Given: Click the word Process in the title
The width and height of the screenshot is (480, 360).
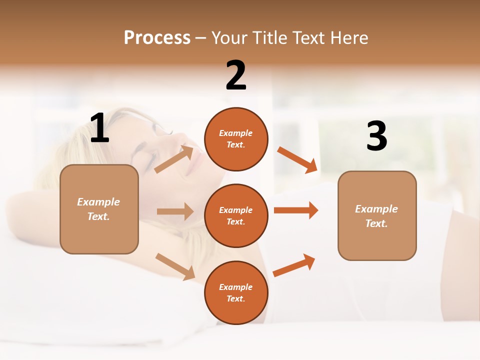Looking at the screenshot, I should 157,37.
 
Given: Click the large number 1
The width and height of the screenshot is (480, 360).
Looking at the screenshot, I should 99,128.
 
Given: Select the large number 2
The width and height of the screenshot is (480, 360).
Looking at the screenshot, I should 236,75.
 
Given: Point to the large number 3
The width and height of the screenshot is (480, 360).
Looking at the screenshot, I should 376,136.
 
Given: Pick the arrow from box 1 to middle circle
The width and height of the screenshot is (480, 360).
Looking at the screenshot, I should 175,211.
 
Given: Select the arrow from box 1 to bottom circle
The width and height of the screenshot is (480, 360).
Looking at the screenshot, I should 175,266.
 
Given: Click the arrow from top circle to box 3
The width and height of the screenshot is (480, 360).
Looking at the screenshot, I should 297,159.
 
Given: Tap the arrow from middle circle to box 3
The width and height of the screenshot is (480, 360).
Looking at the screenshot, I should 296,210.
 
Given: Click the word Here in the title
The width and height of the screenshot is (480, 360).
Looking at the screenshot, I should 348,37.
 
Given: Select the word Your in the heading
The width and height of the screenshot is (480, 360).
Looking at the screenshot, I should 229,37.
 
